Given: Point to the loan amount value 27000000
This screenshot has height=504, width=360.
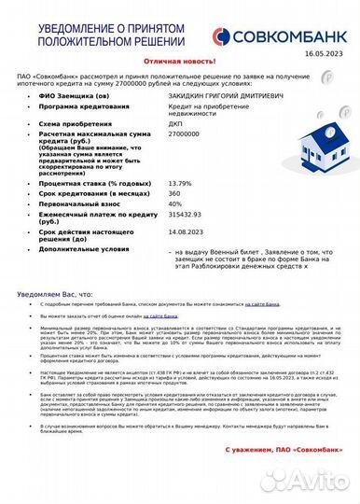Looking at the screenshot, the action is point(186,135).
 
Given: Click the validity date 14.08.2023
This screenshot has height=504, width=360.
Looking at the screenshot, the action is point(186,231).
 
